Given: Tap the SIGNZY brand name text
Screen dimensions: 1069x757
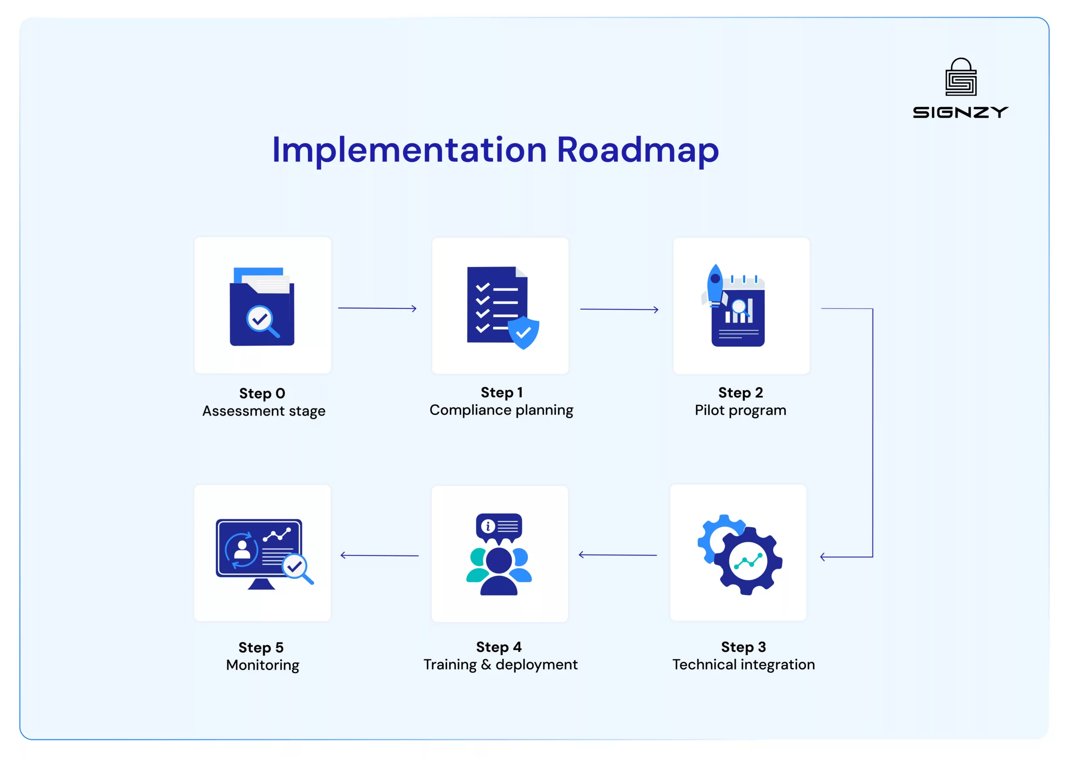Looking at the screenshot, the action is click(960, 112).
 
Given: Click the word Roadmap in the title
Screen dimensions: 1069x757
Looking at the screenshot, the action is click(638, 150).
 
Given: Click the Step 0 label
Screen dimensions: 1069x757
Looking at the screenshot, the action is click(262, 393).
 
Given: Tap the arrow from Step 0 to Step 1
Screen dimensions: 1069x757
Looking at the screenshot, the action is click(377, 308).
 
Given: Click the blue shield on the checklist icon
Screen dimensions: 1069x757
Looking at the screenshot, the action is click(523, 332).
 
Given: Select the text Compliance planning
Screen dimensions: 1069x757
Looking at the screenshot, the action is click(502, 410).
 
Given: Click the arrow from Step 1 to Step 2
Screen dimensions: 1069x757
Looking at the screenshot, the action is click(619, 309).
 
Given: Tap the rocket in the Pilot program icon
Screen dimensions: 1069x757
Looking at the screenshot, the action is click(714, 285).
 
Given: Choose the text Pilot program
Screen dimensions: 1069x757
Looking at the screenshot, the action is click(741, 410).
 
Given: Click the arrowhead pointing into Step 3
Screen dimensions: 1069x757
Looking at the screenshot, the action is click(823, 557).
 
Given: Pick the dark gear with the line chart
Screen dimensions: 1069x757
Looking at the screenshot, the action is click(748, 561).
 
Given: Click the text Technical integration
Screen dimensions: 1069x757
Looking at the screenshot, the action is click(743, 665).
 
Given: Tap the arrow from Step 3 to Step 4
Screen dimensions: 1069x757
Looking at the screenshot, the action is click(618, 555).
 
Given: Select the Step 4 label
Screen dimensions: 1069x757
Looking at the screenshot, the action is click(499, 647).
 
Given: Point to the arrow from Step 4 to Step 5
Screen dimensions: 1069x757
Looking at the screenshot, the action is click(380, 555).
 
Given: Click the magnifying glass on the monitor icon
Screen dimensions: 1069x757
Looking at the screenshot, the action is click(297, 569).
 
